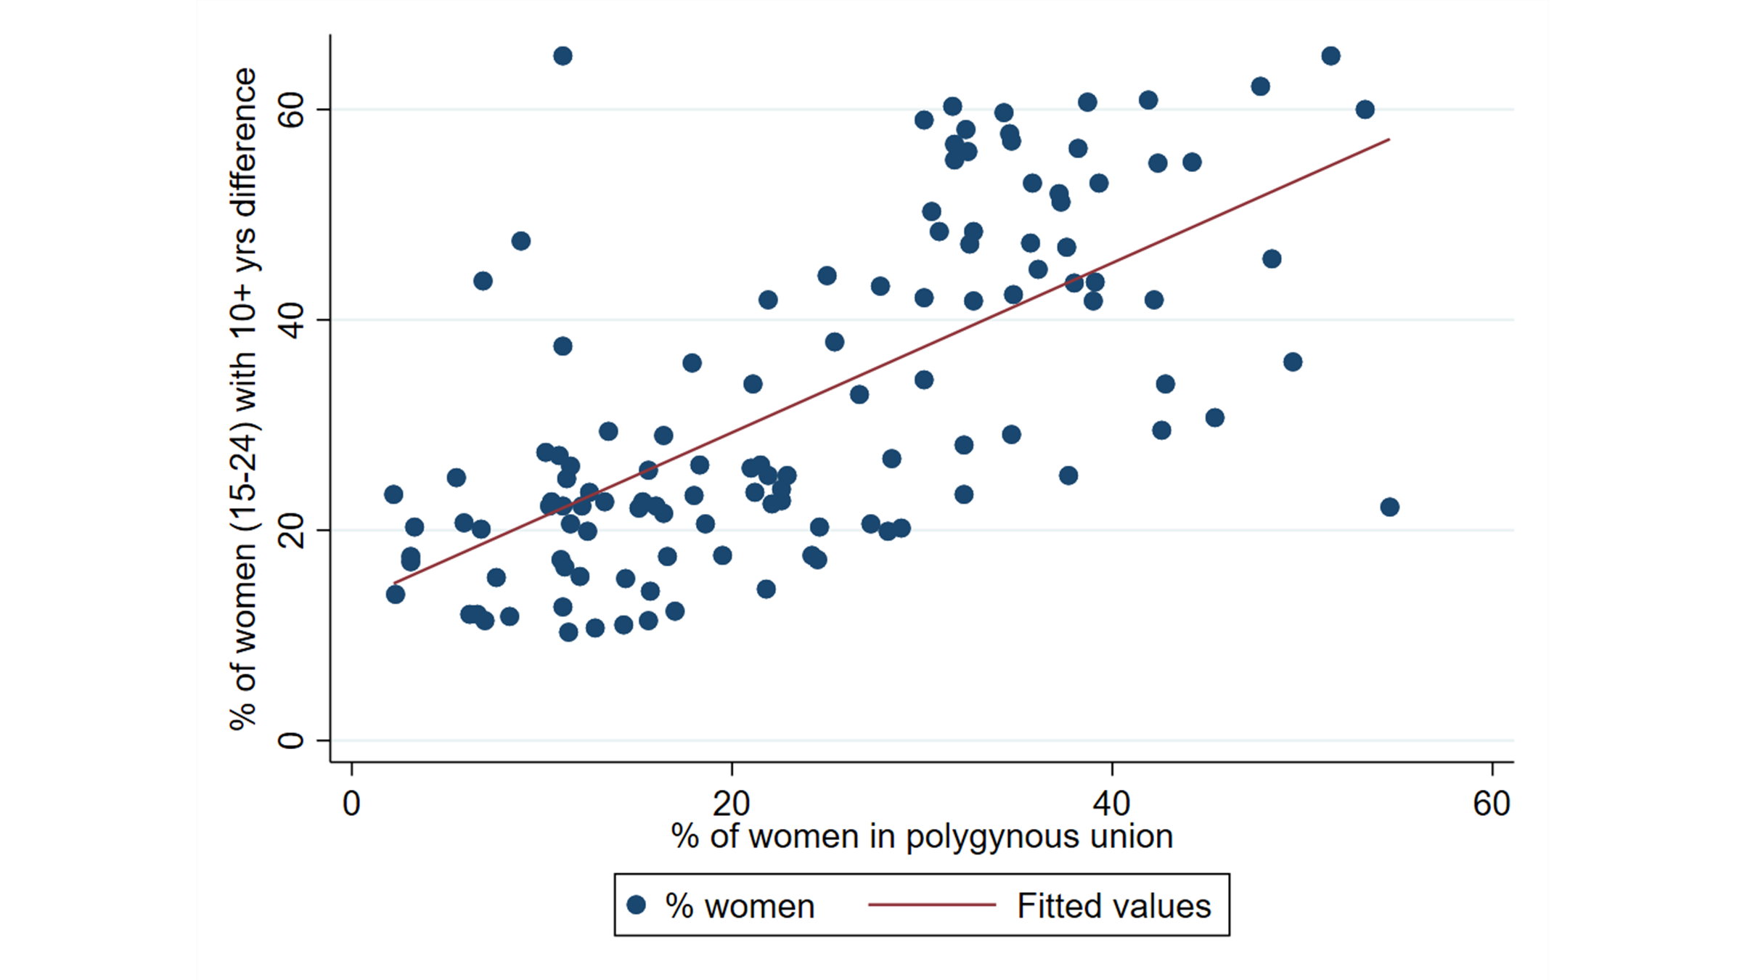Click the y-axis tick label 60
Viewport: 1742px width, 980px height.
(291, 110)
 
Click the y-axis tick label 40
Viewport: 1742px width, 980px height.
(291, 320)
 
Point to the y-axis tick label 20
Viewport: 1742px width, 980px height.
(291, 530)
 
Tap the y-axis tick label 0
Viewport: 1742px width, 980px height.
(291, 740)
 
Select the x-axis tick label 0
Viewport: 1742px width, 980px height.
(351, 804)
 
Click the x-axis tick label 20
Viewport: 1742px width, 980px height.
(731, 804)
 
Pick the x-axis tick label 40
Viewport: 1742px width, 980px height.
(1111, 804)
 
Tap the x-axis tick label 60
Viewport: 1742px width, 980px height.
(1492, 804)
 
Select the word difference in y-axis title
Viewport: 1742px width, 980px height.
(244, 142)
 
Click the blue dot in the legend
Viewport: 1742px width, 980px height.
(637, 905)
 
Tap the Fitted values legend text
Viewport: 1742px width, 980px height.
(1113, 906)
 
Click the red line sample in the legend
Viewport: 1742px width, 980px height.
(931, 905)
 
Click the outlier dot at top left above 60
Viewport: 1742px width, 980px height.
(563, 56)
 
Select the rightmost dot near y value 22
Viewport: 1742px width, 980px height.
(1389, 507)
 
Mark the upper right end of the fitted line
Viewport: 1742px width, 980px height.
(1389, 139)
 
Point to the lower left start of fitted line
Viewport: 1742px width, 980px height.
(394, 583)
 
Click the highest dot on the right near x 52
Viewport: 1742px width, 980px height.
(1330, 56)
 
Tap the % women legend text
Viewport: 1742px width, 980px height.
(740, 906)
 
